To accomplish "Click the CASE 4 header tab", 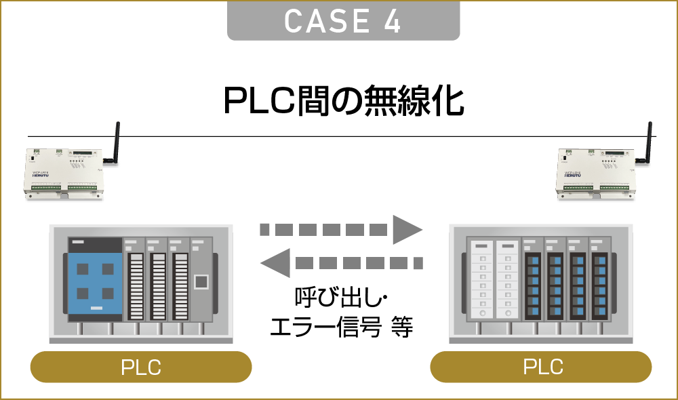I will (343, 21).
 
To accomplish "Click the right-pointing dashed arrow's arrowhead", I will (407, 229).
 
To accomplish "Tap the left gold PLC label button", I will (141, 367).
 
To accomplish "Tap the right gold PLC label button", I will (541, 366).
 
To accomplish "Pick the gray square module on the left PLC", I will (201, 281).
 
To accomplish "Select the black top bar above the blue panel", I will (95, 245).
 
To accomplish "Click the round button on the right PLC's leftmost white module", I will (482, 314).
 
